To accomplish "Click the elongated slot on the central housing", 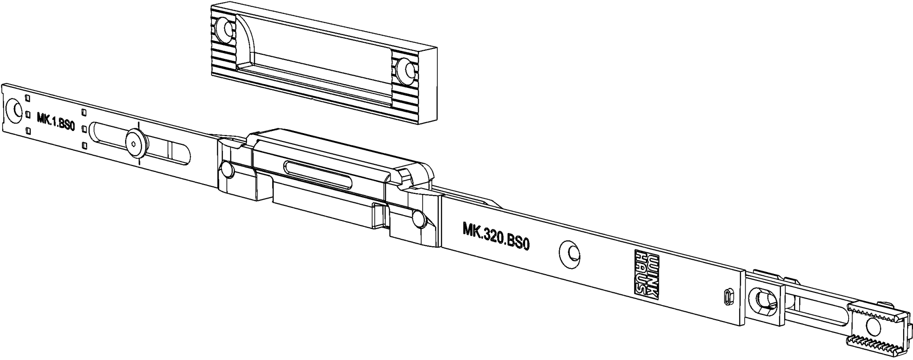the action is (318, 173).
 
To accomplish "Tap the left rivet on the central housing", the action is (226, 170).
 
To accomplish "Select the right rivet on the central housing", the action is (419, 220).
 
